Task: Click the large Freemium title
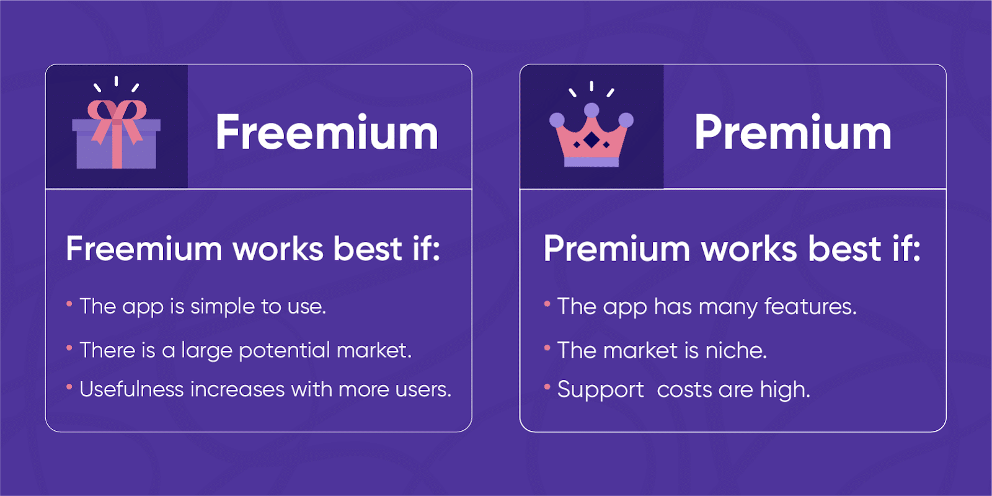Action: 327,133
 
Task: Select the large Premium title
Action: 793,133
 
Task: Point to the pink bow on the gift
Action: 117,112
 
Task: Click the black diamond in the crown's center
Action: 591,141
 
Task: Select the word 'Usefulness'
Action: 131,389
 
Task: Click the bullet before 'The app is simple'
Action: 69,304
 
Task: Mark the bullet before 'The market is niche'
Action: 547,348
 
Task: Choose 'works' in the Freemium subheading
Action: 278,249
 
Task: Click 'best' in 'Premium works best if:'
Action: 844,249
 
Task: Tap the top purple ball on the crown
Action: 591,110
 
